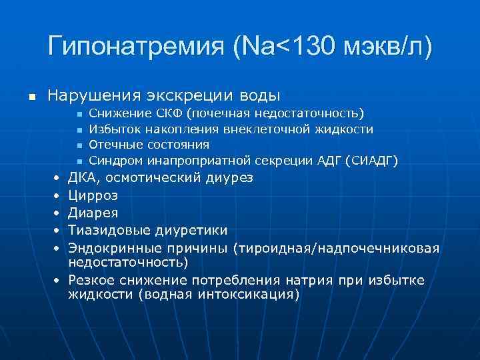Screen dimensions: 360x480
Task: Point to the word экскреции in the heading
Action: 181,95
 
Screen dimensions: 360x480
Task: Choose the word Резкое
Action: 93,281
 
